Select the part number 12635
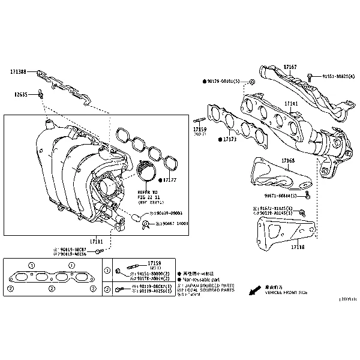click(22, 94)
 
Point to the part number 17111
click(96, 241)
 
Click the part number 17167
click(290, 67)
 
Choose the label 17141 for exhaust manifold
click(291, 104)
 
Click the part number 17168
click(288, 161)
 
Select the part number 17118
click(298, 247)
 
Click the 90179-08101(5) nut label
click(224, 80)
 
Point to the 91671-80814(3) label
click(281, 196)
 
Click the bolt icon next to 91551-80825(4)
click(310, 76)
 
